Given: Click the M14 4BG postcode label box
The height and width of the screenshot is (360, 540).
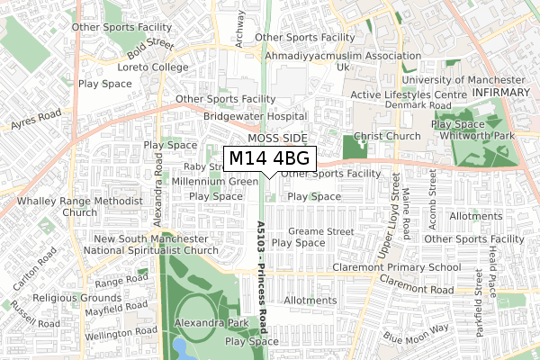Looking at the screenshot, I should pos(270,158).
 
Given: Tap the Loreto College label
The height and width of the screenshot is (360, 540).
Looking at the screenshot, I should pos(154,67).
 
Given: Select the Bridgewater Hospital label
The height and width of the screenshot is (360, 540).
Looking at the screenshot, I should pos(256,116).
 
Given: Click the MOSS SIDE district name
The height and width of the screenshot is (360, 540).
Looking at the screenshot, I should pos(277,139).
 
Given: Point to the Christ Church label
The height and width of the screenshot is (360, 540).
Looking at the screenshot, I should pos(388,136).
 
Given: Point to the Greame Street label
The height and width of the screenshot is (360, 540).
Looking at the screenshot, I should pos(321,231).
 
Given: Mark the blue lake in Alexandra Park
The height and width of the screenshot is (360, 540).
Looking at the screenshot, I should pos(181,347).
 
